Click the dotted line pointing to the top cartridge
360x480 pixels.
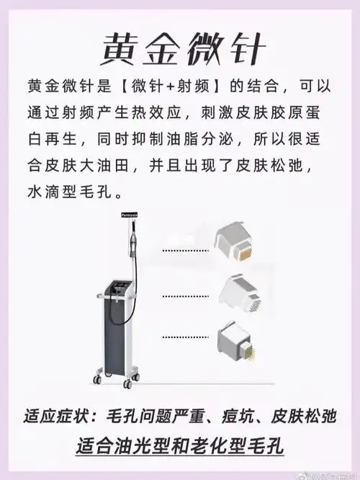(x=185, y=250)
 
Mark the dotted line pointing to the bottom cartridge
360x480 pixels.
(x=185, y=337)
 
